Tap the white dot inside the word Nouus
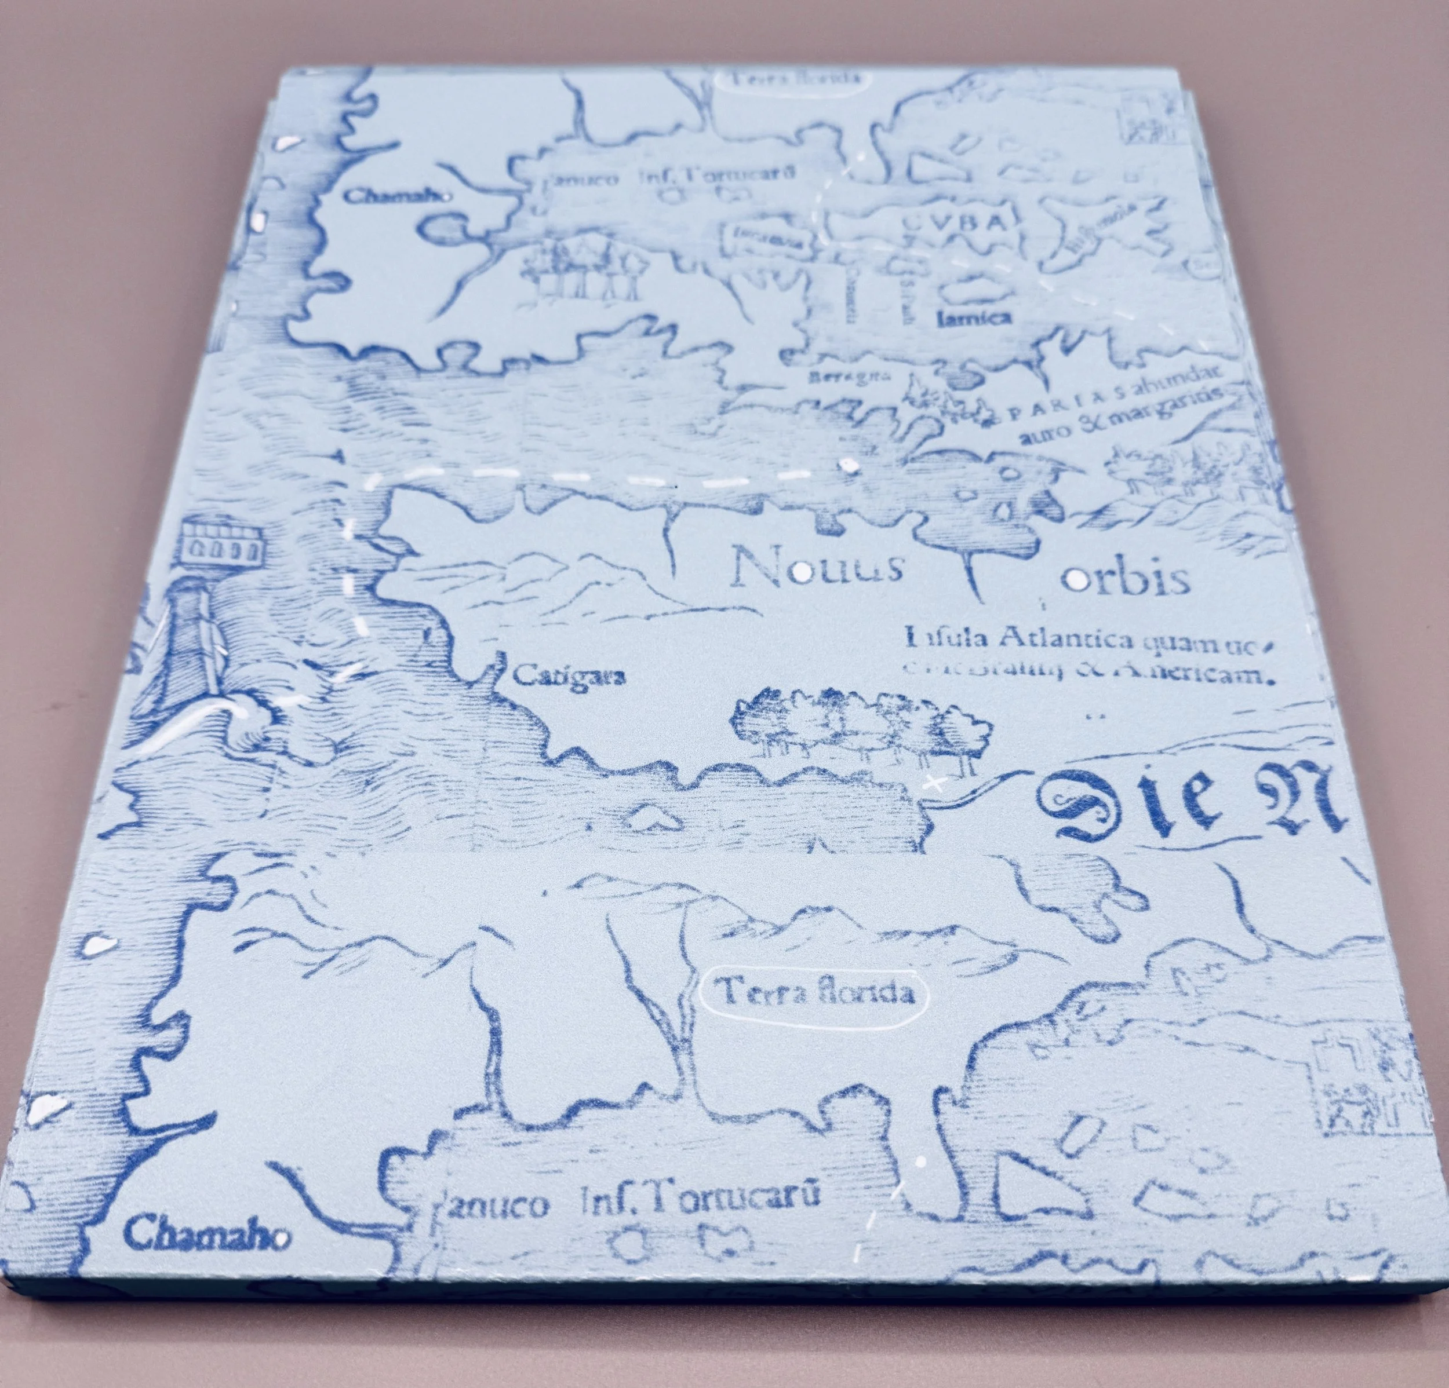click(x=799, y=571)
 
